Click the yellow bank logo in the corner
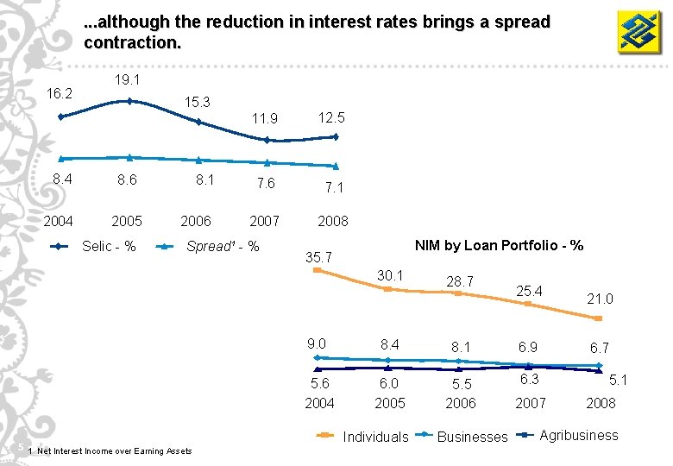639,32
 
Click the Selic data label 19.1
127,79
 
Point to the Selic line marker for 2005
129,101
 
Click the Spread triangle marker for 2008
336,166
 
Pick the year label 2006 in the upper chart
196,221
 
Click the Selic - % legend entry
94,247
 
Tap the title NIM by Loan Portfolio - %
499,246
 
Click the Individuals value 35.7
319,256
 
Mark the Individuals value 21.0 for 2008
600,299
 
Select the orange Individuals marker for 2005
387,289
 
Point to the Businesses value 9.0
317,343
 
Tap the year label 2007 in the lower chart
530,403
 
